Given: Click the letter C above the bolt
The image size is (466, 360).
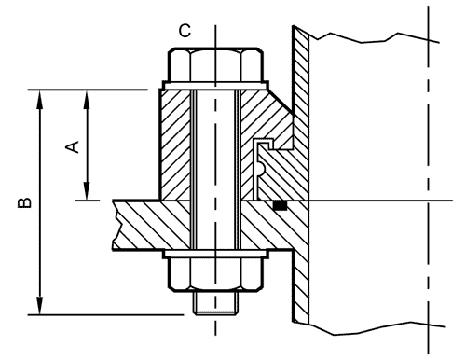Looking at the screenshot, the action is click(185, 31).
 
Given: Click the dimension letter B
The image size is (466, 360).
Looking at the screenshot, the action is click(24, 202).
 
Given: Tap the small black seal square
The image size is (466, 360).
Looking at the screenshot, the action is click(280, 205).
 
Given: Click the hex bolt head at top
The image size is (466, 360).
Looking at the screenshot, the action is click(215, 64).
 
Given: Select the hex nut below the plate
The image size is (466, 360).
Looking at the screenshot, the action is click(215, 274).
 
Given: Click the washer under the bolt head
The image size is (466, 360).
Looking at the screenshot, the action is click(215, 86).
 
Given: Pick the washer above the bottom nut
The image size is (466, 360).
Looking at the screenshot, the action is click(215, 254).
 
